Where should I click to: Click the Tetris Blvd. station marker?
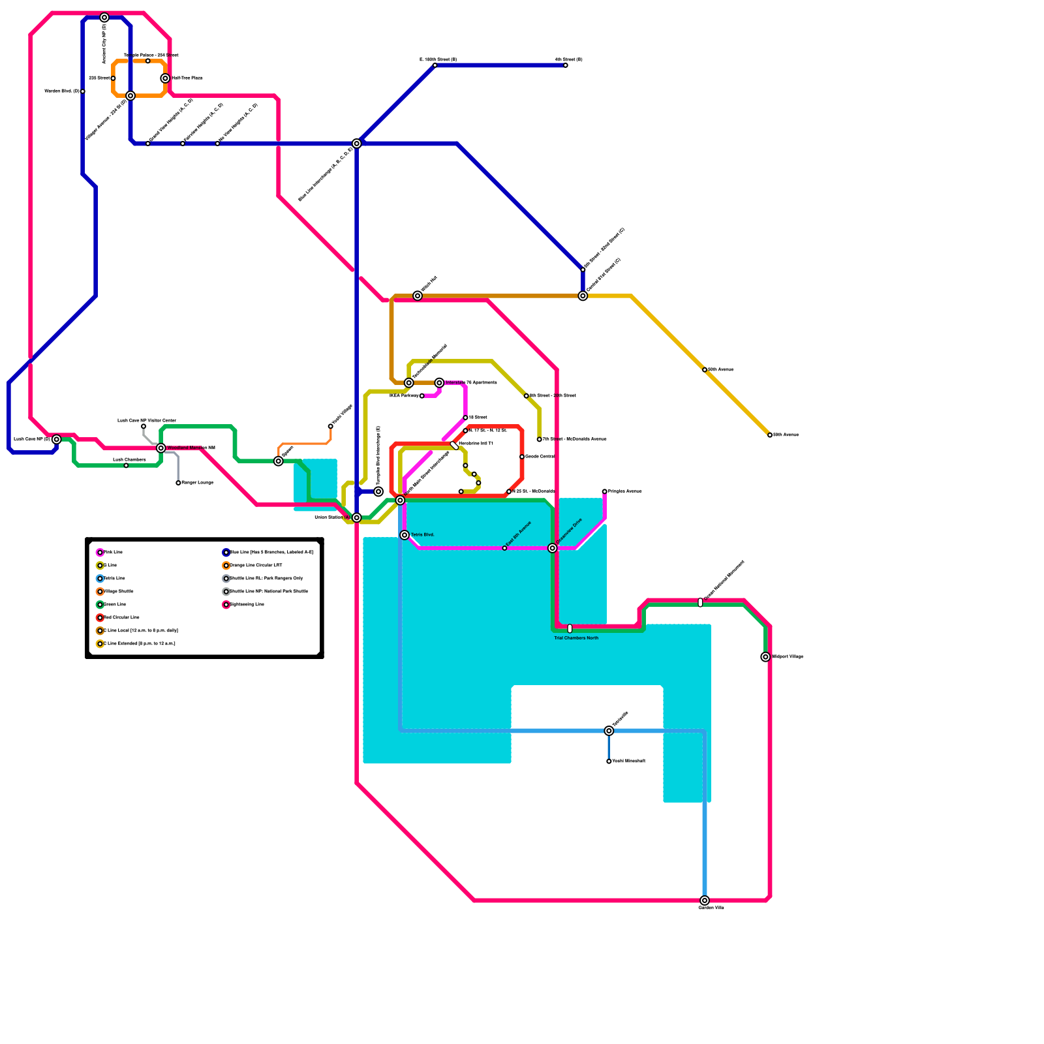click(405, 535)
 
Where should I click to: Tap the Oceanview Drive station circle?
click(553, 548)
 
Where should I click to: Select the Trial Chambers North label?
click(576, 638)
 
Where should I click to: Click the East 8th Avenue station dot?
click(504, 548)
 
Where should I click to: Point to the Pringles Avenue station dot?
click(604, 491)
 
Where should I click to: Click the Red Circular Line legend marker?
click(100, 618)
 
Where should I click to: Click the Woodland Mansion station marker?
click(161, 448)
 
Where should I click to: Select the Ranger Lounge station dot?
click(178, 483)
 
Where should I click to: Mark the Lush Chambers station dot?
click(126, 465)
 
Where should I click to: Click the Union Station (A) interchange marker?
click(357, 517)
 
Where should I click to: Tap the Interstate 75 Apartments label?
click(471, 383)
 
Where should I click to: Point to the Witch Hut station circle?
click(418, 296)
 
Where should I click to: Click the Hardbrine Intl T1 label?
click(476, 444)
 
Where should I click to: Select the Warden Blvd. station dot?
click(83, 91)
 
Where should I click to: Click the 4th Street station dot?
click(566, 65)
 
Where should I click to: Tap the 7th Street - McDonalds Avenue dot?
click(540, 439)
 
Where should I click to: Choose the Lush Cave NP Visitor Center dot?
click(144, 426)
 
